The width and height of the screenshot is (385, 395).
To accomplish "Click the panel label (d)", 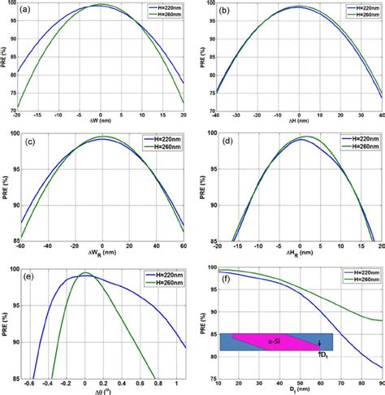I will [x=226, y=142].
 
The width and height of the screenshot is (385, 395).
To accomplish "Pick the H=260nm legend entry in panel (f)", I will [x=355, y=278].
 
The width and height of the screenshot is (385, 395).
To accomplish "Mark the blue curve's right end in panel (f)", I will [x=382, y=365].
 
